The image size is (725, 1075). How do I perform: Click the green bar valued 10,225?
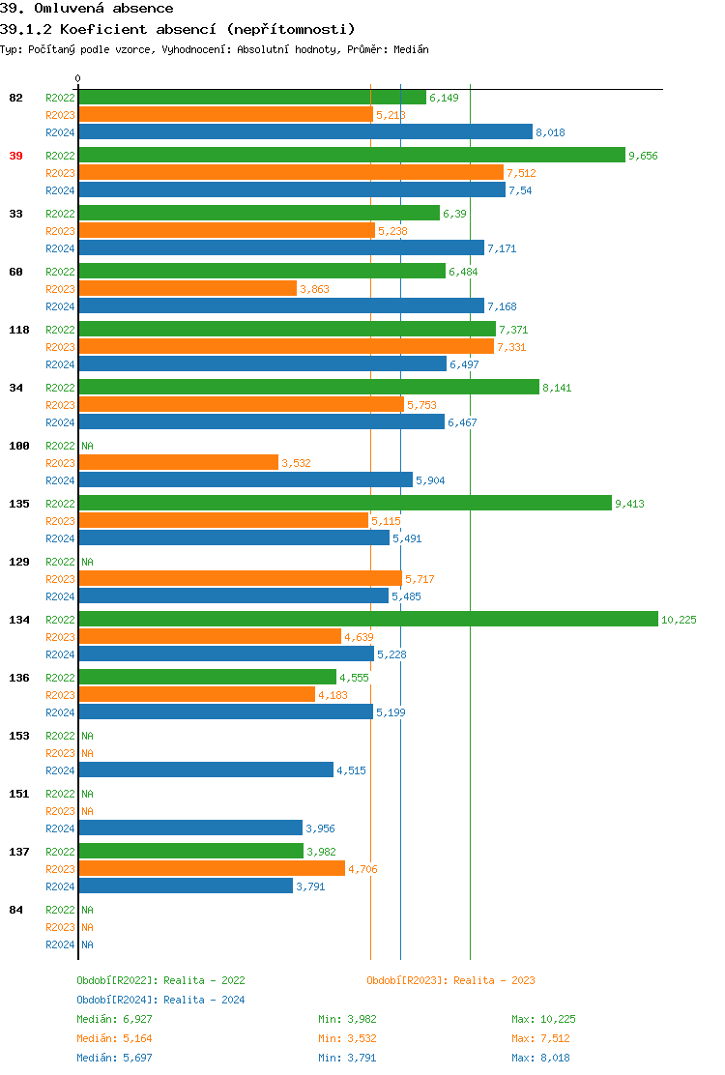coord(367,619)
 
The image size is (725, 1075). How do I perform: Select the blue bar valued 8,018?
coord(304,131)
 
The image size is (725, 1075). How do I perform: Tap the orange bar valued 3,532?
coord(178,462)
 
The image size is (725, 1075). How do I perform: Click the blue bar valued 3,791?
coord(185,886)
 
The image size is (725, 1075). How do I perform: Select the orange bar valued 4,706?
coord(211,868)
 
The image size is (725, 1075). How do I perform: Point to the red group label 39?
coord(15,156)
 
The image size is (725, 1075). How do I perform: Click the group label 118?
coord(18,330)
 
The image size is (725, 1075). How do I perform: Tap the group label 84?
coord(15,910)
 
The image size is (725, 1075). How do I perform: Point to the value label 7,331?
coord(511,347)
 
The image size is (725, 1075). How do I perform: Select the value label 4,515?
coord(351,770)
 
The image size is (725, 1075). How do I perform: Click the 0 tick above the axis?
coord(78,78)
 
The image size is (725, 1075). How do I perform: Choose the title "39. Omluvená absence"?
coord(88,9)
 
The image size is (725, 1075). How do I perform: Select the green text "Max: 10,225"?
coord(543,1019)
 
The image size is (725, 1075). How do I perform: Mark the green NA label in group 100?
coord(87,446)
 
